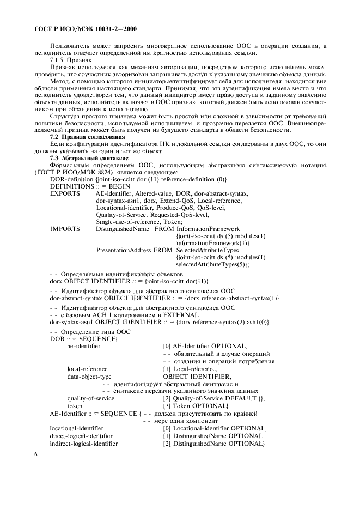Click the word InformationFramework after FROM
[x=208, y=229]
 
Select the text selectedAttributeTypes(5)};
[x=212, y=264]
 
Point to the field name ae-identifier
[x=83, y=346]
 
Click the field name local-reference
[x=87, y=369]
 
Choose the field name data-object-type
[x=89, y=377]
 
